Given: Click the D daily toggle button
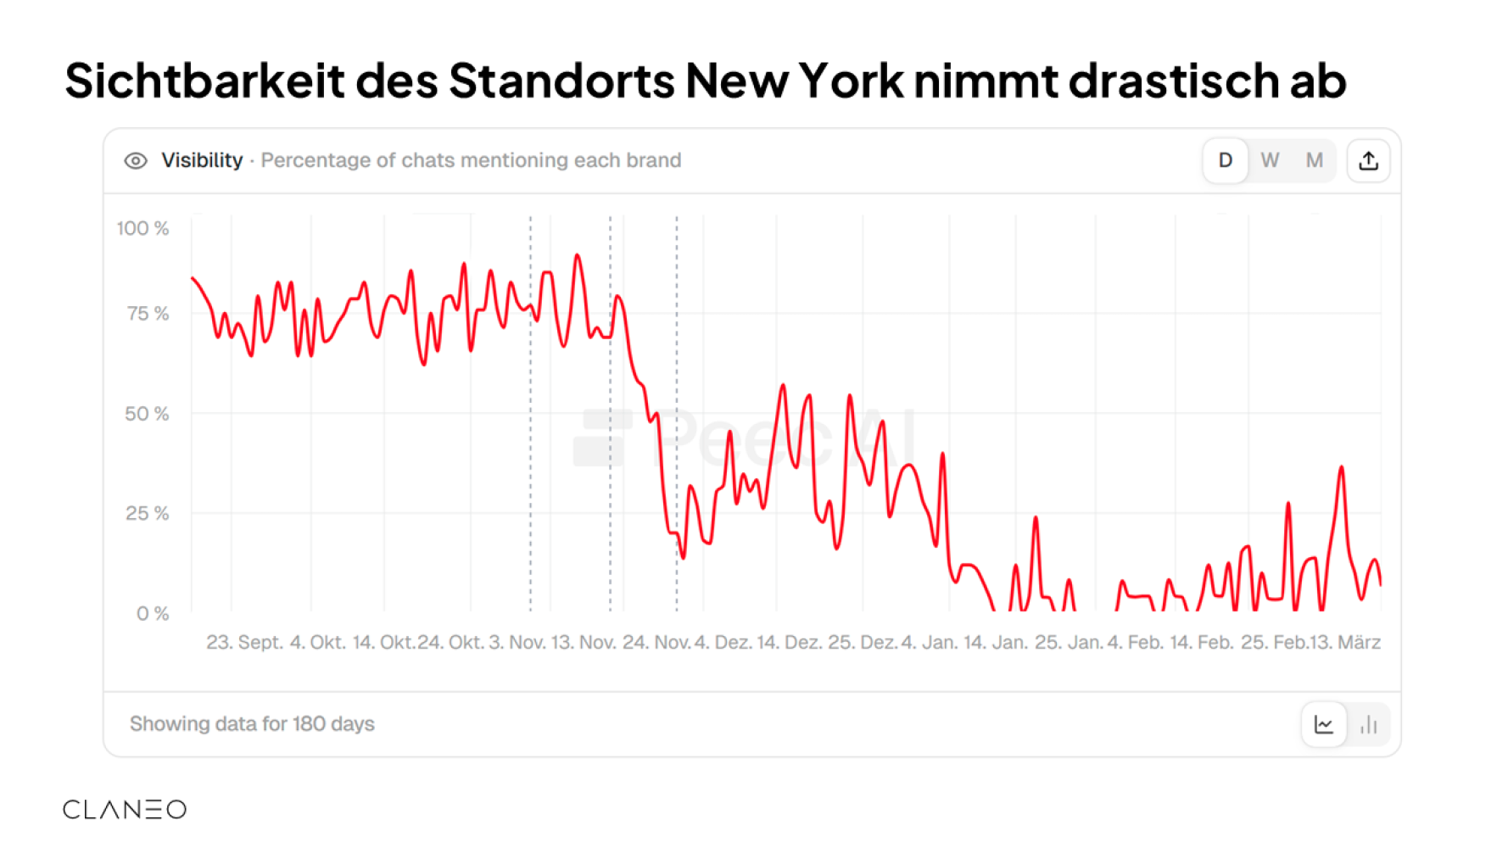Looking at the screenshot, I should (x=1225, y=160).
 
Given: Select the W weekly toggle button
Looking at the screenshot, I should (x=1270, y=160).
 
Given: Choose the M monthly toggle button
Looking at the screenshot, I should (x=1315, y=160).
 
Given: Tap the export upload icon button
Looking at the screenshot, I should (x=1368, y=160).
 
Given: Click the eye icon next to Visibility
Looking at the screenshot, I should (x=136, y=161).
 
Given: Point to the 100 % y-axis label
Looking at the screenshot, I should (x=142, y=228).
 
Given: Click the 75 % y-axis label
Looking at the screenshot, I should (x=148, y=314).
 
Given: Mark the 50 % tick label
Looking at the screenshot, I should (x=147, y=414).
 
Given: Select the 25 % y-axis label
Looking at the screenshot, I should (x=147, y=513).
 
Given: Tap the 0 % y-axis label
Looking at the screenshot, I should (x=153, y=613).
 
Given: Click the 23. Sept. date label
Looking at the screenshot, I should (x=244, y=642).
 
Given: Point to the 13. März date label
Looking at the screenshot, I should (x=1345, y=642).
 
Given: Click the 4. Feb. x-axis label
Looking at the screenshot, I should (x=1135, y=642).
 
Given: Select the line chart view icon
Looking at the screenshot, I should (x=1323, y=724).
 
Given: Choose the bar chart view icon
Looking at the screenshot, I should (x=1368, y=724).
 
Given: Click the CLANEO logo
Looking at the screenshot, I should (x=125, y=809).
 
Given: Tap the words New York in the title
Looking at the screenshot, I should (x=795, y=81).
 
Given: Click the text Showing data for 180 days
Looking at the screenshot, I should (x=252, y=723).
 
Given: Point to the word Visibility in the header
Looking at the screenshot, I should (x=202, y=160).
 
